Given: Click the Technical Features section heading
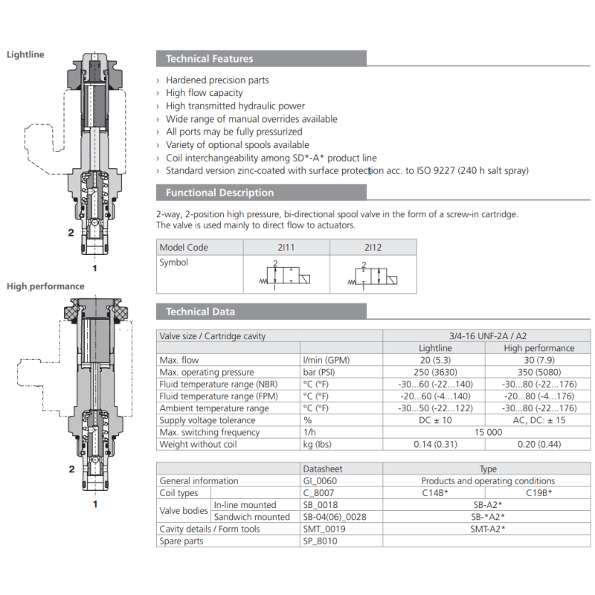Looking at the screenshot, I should pos(209,59).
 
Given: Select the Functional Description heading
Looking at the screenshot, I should pos(219,193).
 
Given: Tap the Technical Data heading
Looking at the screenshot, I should pos(199,312).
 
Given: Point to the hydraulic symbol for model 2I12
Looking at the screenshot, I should pos(373,277).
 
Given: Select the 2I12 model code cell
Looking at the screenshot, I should pos(373,247).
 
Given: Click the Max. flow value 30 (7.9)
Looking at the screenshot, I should pos(538,360).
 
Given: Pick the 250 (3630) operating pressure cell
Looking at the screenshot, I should pos(435,372).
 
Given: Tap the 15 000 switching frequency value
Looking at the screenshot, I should pos(486,432).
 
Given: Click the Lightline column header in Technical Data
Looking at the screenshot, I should pos(435,348).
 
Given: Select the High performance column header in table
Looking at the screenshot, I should pos(538,348).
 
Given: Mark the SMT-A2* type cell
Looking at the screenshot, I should pos(487,529).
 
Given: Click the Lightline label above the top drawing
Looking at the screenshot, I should pos(25,54).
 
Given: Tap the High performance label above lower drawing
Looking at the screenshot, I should pos(45,286).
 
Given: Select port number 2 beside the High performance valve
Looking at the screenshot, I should pos(71,469).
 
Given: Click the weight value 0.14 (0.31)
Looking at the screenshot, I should pos(435,444).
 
